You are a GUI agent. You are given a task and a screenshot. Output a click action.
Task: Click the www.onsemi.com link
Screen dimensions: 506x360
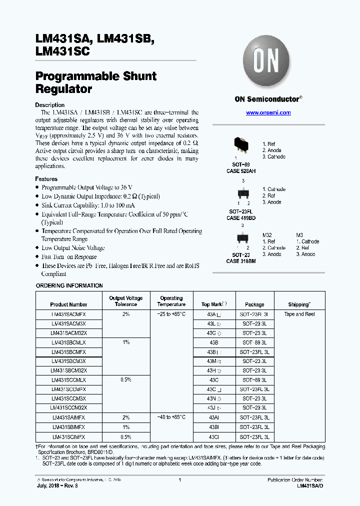[x=268, y=113]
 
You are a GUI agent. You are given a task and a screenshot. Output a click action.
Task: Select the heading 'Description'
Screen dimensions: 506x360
[x=49, y=105]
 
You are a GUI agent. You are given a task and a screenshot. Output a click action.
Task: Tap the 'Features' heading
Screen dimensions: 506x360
[x=46, y=179]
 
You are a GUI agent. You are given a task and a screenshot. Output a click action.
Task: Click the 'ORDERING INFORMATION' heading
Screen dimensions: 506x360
[x=69, y=285]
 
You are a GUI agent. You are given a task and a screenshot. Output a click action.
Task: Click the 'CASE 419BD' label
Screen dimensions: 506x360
[x=241, y=218]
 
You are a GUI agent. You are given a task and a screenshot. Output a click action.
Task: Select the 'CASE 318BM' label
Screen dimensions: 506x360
[x=241, y=261]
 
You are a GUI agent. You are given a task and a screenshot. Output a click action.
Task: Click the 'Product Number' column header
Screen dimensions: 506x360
[x=68, y=304]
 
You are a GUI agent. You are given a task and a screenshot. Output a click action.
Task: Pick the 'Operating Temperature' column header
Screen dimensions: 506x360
[x=171, y=301]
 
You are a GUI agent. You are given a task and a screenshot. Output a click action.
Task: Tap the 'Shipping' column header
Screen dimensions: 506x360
[x=299, y=304]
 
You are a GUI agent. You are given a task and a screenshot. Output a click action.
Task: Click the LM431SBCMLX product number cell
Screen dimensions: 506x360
[x=68, y=342]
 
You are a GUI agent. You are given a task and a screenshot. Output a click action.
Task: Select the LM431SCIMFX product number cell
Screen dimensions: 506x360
[x=68, y=436]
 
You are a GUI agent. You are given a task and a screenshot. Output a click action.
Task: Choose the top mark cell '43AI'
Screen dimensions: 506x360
[x=213, y=417]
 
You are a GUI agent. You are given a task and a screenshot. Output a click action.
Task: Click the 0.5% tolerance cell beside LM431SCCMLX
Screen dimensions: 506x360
[x=125, y=380]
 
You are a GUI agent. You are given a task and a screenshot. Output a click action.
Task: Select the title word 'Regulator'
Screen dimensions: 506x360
[x=63, y=89]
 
